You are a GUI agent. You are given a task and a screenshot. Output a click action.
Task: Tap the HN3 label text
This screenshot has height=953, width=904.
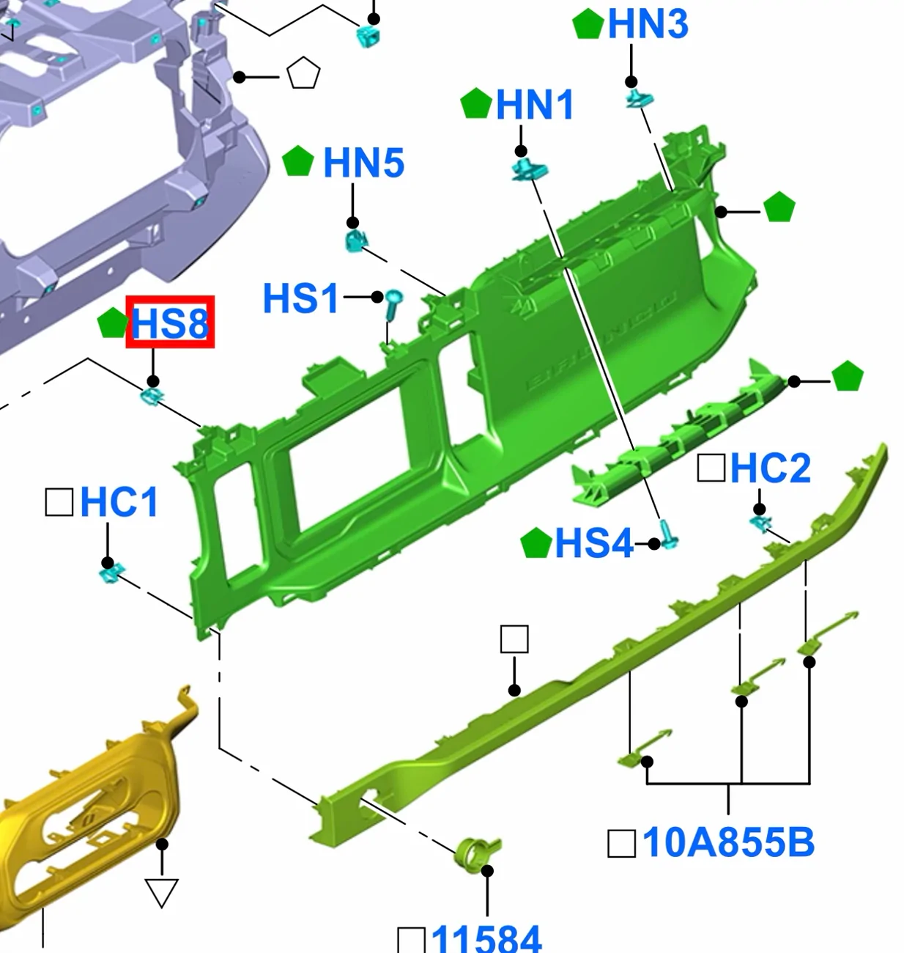pyautogui.click(x=648, y=24)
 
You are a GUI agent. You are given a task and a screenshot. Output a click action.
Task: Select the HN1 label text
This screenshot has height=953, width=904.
pyautogui.click(x=535, y=104)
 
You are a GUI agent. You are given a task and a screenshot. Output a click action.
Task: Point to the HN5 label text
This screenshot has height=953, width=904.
pyautogui.click(x=363, y=163)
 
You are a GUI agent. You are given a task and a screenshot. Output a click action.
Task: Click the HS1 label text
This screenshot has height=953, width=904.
pyautogui.click(x=300, y=298)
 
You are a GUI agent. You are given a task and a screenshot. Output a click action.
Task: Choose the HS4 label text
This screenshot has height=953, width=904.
pyautogui.click(x=594, y=543)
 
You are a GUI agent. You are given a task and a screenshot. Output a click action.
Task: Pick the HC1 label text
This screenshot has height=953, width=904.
pyautogui.click(x=119, y=502)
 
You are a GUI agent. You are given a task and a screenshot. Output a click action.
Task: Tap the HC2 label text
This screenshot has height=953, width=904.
pyautogui.click(x=770, y=468)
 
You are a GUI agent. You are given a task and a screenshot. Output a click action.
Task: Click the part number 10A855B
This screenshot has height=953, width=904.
pyautogui.click(x=728, y=843)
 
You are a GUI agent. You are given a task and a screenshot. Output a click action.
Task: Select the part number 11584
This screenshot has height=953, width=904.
pyautogui.click(x=486, y=939)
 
